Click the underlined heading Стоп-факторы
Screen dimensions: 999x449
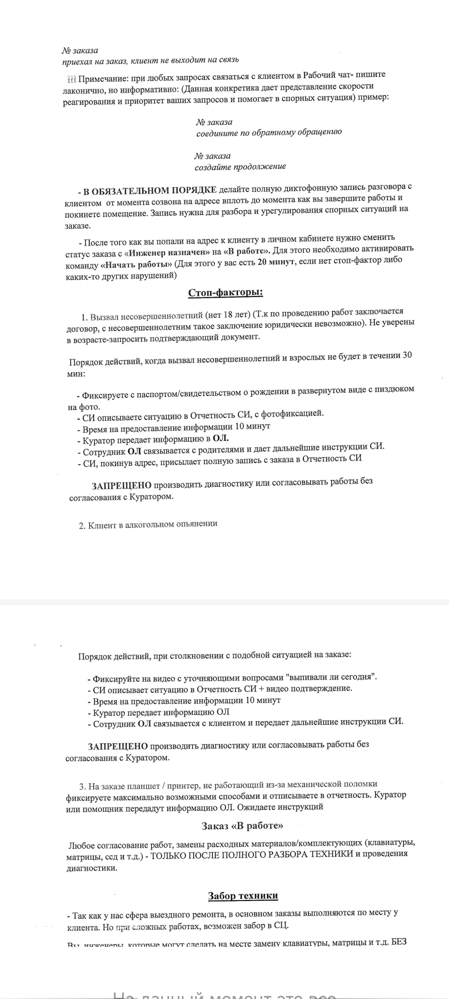tap(226, 292)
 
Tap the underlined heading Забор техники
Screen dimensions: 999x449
tap(243, 895)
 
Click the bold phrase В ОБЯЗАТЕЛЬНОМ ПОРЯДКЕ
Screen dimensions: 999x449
tap(150, 190)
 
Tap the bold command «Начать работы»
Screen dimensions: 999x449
tap(137, 265)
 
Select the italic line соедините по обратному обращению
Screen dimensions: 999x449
tap(269, 133)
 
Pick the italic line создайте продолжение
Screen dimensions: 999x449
tap(240, 167)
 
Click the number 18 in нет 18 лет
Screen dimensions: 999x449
tap(229, 315)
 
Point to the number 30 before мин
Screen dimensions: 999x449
tap(407, 355)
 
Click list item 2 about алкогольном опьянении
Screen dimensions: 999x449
tap(148, 525)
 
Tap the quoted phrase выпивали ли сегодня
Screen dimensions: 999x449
tap(331, 677)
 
